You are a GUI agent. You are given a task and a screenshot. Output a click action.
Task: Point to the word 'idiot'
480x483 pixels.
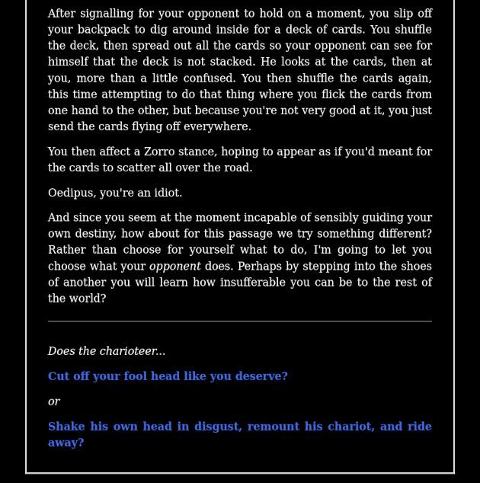pos(166,193)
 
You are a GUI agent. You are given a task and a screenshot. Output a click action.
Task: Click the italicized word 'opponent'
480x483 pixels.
pos(174,267)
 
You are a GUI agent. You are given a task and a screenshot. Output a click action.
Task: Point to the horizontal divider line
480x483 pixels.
pos(239,321)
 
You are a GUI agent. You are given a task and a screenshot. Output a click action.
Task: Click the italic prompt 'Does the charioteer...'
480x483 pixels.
pos(107,351)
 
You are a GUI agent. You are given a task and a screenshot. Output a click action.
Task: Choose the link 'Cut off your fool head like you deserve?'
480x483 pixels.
pos(168,376)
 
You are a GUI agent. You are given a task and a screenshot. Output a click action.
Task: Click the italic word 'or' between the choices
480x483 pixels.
pos(54,401)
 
